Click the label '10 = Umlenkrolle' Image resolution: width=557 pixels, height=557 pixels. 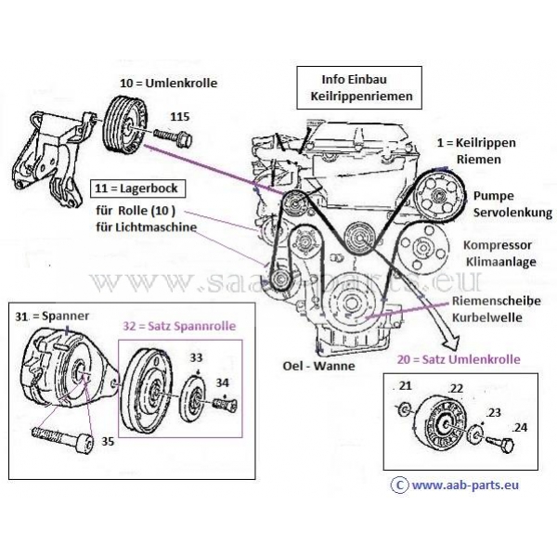click(x=168, y=84)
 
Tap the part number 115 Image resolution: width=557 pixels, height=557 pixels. click(x=180, y=116)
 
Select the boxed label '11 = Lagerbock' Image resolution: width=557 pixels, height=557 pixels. click(x=138, y=189)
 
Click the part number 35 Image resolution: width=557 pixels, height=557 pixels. click(x=108, y=443)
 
